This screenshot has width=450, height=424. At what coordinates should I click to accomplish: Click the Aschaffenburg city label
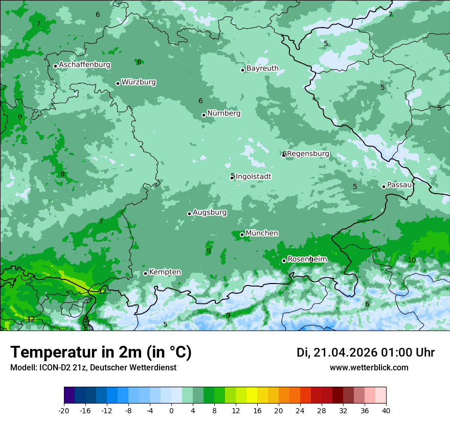click(84, 65)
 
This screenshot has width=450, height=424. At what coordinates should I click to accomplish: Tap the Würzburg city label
click(139, 82)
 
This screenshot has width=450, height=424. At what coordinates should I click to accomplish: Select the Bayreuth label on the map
click(262, 68)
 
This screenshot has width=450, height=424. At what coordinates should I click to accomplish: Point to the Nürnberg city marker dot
click(204, 115)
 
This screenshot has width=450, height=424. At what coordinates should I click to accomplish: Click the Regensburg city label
click(308, 154)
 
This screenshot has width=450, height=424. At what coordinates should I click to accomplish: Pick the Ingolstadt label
click(253, 177)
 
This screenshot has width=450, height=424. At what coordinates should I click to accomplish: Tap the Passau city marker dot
click(384, 186)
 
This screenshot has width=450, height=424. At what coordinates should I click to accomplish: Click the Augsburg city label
click(210, 213)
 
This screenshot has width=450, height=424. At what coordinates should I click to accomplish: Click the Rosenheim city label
click(307, 260)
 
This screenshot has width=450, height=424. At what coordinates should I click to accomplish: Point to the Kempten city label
click(165, 272)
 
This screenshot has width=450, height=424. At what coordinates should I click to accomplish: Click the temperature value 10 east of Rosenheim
click(412, 260)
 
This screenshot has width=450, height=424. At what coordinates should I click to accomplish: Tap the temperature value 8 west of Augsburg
click(62, 174)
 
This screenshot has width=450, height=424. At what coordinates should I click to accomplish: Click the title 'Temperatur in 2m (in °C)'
click(101, 352)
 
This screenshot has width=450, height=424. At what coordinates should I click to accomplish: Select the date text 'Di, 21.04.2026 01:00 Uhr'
click(366, 352)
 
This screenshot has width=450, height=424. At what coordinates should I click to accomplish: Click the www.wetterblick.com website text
click(369, 368)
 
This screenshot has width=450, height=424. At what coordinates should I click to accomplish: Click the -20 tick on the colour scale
click(64, 410)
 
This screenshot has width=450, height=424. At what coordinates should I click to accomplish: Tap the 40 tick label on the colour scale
click(386, 410)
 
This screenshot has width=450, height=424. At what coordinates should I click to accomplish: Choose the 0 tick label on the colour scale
click(171, 410)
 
